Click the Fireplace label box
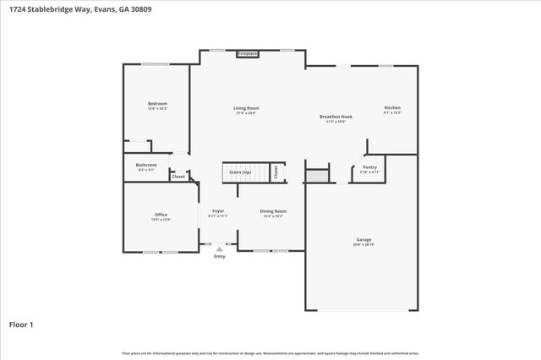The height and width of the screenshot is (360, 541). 247,53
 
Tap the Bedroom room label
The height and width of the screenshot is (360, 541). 158,106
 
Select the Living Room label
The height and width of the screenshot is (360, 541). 246,110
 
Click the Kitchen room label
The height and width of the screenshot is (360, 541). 392,110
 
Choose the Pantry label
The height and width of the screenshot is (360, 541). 370,169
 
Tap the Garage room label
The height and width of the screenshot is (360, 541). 363,242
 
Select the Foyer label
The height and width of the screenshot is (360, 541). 218,213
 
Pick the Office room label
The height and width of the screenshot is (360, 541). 161,217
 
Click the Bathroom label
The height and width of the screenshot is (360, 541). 146,166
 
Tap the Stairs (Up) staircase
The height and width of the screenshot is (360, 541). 242,172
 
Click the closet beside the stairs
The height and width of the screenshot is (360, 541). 276,172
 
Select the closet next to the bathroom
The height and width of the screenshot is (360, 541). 178,176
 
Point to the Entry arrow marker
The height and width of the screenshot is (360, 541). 220,249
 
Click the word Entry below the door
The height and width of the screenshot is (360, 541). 220,257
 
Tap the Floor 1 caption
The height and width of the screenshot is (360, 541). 21,324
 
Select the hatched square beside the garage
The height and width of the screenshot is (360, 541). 315,176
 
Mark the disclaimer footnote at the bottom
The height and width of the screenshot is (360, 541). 270,352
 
